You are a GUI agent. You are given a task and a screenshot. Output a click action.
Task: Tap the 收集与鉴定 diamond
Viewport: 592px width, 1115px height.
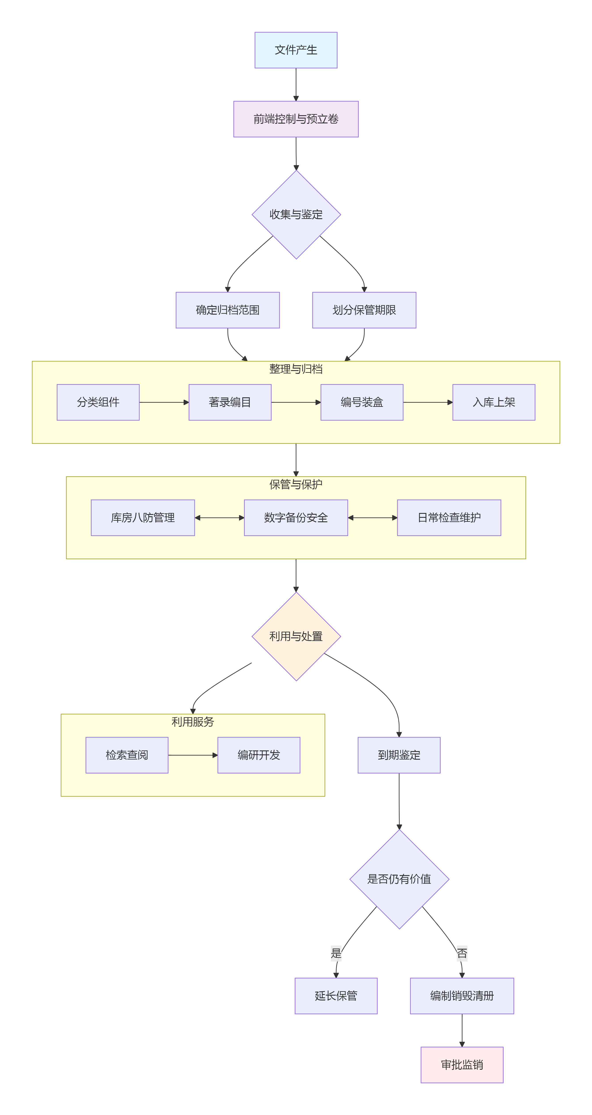[x=296, y=215]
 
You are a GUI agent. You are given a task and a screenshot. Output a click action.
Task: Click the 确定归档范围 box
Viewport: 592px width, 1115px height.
[x=228, y=310]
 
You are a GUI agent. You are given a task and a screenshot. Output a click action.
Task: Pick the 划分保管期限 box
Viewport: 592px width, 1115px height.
[x=364, y=310]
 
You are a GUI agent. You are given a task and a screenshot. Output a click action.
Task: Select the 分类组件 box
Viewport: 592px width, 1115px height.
[x=98, y=402]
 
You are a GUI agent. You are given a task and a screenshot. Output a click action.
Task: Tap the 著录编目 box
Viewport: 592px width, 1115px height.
[x=230, y=402]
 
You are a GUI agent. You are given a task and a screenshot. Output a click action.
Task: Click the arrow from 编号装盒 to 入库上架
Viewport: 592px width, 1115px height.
[x=428, y=402]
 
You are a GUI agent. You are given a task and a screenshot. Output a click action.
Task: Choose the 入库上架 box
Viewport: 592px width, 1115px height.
[x=494, y=402]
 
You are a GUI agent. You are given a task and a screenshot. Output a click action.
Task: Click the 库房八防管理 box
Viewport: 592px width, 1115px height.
[x=143, y=518]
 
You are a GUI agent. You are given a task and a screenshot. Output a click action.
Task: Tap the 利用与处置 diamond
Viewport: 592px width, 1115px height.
[x=296, y=636]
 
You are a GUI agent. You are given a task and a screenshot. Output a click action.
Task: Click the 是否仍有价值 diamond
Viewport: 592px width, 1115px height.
[x=399, y=879]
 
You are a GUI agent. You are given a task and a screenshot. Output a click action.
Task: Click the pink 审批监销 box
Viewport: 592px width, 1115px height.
[x=462, y=1065]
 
